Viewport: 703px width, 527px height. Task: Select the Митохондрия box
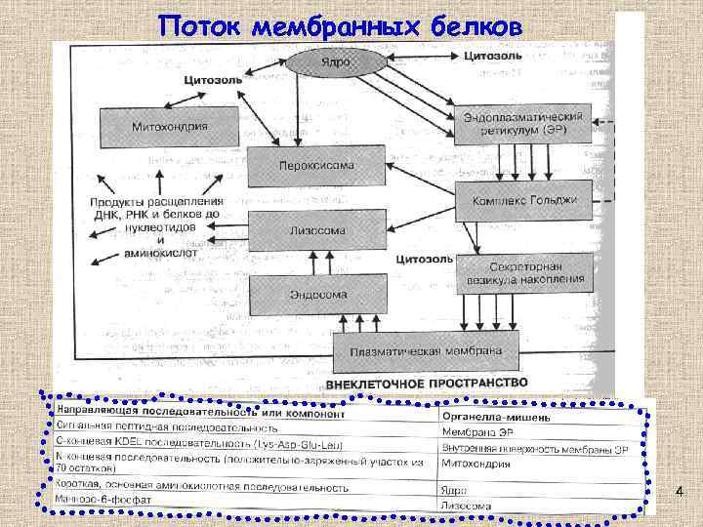[169, 127]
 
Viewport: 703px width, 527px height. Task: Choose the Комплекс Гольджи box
[523, 200]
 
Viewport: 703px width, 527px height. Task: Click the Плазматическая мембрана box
[432, 349]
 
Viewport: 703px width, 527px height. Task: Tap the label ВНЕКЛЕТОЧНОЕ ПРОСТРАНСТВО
[426, 383]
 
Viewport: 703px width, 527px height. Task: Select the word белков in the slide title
[478, 26]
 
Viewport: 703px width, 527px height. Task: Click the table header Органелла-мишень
[495, 417]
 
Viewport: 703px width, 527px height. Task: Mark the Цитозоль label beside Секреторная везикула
[423, 259]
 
